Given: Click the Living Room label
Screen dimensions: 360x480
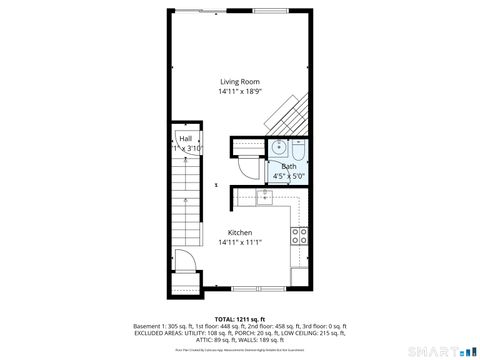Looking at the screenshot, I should point(239,83).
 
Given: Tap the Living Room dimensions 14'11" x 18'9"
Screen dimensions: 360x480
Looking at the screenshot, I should point(239,92).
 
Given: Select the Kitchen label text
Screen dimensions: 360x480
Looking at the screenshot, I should point(239,233).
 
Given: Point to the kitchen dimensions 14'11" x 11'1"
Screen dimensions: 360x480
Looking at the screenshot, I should point(239,242).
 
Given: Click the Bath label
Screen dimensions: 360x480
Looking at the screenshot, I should point(288,166).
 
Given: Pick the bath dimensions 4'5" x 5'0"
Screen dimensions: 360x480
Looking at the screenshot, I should point(288,175).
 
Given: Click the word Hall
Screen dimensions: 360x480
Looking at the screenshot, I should point(186,139).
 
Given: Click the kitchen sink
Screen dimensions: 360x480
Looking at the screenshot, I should point(264,196).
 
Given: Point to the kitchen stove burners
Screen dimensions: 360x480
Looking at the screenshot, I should point(298,236).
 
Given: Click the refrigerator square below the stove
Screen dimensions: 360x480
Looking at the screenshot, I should point(298,272).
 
